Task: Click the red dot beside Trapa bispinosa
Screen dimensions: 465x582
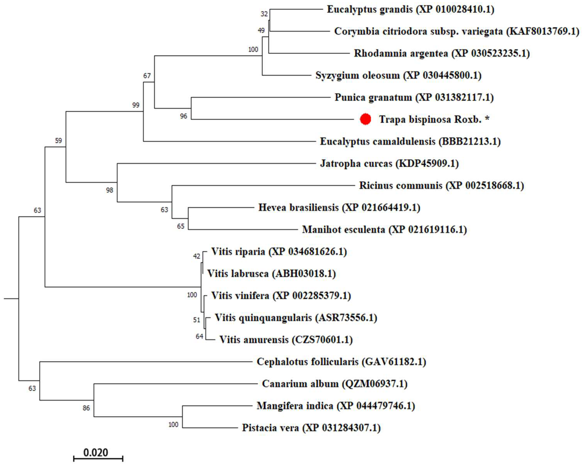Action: [366, 119]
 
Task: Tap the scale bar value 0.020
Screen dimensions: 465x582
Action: [96, 452]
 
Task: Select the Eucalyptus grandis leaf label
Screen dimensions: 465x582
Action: [411, 9]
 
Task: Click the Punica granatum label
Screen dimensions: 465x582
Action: [414, 97]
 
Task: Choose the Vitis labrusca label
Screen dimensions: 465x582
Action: [271, 274]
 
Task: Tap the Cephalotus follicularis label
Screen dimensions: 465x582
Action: [341, 362]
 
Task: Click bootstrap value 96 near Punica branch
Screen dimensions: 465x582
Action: [183, 116]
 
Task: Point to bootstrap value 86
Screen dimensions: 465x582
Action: [86, 408]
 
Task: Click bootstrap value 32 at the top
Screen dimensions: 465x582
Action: [264, 14]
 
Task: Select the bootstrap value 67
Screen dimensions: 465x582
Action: [147, 76]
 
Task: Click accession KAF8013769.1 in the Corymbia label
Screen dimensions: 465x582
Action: [543, 32]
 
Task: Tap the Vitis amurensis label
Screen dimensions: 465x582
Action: [286, 340]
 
